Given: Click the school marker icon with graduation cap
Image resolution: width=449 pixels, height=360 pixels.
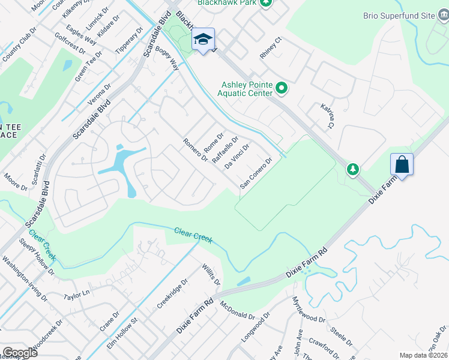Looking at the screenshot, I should click(x=203, y=40).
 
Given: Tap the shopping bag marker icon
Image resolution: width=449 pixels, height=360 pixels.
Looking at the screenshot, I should click(x=402, y=164).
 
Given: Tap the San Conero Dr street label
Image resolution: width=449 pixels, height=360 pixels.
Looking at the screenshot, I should click(x=256, y=173).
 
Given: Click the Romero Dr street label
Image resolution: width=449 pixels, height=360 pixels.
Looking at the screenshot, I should click(x=196, y=151).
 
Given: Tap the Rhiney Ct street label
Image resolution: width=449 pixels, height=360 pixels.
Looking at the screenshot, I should click(x=270, y=49).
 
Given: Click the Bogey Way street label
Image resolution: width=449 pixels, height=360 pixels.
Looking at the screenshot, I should click(x=167, y=61).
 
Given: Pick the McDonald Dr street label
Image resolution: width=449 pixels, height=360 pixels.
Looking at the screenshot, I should click(x=237, y=311).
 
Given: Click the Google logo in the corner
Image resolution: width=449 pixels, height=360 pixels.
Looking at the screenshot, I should click(x=20, y=353).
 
